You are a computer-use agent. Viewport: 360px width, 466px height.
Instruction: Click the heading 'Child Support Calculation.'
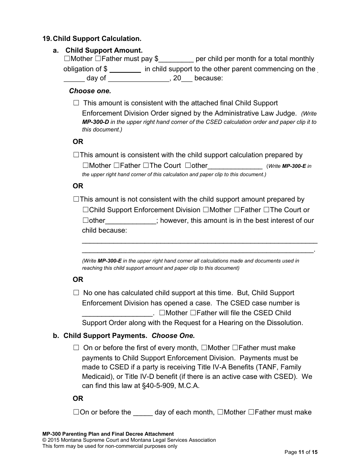97,39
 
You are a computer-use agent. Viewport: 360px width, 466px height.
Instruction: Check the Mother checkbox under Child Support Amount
67,59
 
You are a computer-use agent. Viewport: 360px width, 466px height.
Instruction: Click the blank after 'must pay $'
177,59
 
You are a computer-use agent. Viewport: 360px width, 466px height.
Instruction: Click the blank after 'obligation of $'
125,69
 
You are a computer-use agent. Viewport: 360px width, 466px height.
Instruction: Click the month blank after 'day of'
139,79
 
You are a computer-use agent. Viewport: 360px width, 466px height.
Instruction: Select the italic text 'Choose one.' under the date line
90,91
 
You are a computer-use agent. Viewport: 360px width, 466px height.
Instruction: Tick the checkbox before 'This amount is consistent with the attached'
77,103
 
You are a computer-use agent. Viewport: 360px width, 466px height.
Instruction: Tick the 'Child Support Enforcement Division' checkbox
86,210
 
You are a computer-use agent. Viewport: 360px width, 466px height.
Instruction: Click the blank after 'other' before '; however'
130,221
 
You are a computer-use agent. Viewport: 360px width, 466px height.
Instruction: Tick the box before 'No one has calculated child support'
77,293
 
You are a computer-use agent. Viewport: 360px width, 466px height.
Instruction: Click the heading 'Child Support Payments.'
105,336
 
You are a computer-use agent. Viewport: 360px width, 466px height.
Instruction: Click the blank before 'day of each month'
143,413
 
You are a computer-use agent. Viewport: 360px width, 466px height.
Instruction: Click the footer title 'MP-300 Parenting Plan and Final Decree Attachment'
108,434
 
